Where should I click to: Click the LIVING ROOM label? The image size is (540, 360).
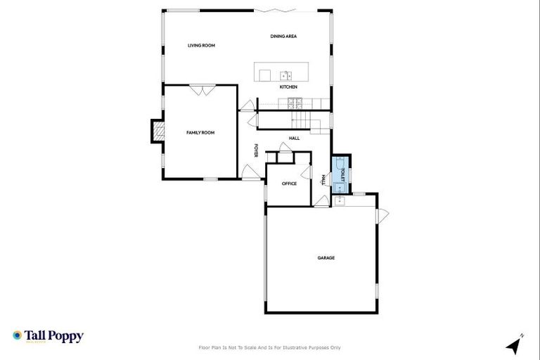tap(201, 46)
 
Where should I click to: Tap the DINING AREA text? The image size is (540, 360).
tap(284, 36)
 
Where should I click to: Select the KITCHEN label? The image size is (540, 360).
tap(288, 87)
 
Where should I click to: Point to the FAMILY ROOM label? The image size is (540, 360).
tap(200, 132)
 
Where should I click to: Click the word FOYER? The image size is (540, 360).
tap(257, 151)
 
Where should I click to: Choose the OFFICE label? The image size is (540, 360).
tap(289, 184)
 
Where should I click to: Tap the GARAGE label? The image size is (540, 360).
tap(326, 258)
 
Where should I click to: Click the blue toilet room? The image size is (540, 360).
tap(340, 174)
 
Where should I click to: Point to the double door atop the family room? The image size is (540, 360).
tap(202, 89)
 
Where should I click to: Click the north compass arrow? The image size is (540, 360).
tap(515, 345)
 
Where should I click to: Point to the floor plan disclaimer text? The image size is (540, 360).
tap(270, 347)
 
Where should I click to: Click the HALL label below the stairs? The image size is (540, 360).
tap(294, 138)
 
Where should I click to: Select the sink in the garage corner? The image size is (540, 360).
tap(340, 200)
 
